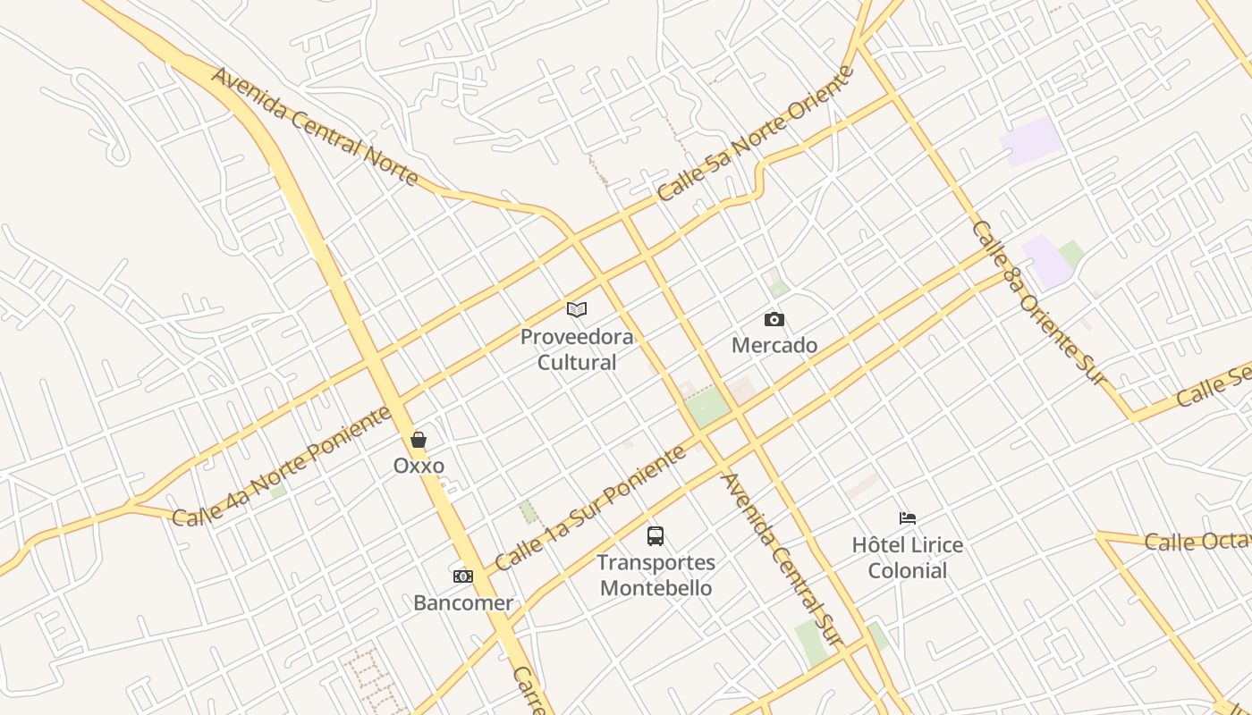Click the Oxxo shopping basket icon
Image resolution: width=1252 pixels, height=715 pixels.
(418, 440)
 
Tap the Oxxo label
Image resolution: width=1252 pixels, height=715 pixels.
(419, 466)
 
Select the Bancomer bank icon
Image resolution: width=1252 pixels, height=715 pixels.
(463, 576)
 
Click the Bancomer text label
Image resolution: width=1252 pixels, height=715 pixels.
(463, 602)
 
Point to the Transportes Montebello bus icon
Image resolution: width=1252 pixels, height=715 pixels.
(656, 536)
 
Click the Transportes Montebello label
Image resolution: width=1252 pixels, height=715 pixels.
(656, 576)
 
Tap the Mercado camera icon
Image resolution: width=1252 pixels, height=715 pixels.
(774, 319)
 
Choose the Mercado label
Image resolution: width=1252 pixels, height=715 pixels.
(774, 345)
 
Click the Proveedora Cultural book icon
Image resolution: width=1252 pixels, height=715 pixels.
(577, 310)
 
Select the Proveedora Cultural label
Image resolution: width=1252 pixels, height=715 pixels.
(577, 349)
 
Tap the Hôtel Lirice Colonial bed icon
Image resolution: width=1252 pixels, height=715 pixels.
(908, 518)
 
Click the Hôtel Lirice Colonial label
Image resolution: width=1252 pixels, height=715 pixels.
(908, 558)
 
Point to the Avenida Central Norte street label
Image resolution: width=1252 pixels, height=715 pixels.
(316, 126)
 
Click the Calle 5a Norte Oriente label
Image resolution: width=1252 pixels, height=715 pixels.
(756, 133)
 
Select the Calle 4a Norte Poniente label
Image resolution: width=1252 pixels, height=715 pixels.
(283, 466)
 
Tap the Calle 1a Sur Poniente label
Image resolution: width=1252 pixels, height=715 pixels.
(590, 508)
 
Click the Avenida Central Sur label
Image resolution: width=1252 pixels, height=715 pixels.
(782, 559)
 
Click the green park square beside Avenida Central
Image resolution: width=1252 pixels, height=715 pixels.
(708, 408)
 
